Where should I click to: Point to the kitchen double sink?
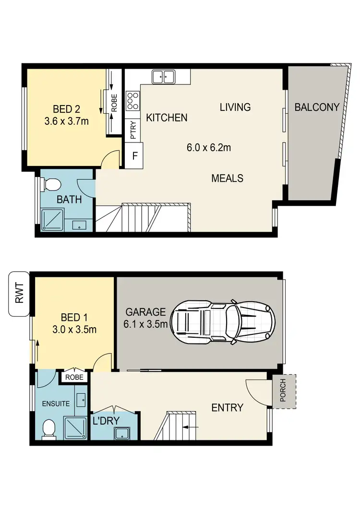pos(164,77)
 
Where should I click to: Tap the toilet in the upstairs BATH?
pos(50,184)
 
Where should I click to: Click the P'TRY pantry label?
pos(133,130)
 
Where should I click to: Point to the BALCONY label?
pos(317,107)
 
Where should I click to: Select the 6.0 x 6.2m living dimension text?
pos(208,148)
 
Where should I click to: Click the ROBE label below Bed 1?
pos(74,377)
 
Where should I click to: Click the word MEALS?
pos(227,178)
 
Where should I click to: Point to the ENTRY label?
pos(227,407)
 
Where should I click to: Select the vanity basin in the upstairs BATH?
pos(76,225)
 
